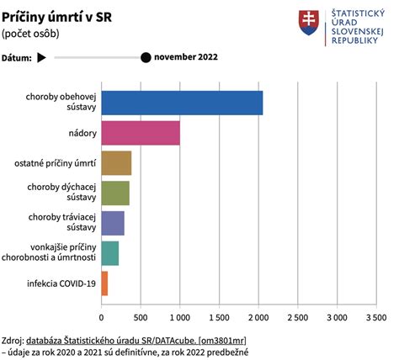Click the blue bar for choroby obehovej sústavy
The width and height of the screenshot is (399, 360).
click(181, 103)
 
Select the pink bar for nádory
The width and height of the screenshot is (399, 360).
click(140, 133)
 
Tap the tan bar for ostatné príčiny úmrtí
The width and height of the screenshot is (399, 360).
click(116, 163)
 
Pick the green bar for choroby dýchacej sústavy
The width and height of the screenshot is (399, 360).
click(114, 193)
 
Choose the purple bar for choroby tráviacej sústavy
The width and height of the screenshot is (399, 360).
click(112, 223)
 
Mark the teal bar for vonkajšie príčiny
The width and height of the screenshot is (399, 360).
click(109, 253)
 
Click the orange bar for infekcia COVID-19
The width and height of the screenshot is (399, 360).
click(104, 283)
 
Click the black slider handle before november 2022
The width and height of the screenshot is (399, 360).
click(146, 58)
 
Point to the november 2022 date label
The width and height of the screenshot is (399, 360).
click(187, 58)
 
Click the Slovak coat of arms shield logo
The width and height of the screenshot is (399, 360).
click(308, 24)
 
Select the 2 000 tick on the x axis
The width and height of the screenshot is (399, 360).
click(258, 317)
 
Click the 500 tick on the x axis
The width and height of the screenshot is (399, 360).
click(140, 317)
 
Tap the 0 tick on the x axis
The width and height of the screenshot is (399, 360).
click(101, 317)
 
